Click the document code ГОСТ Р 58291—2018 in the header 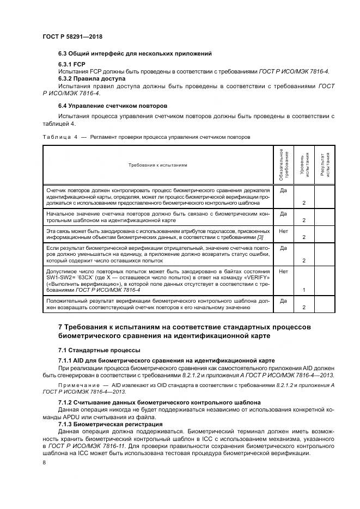(x=72, y=36)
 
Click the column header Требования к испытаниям (x=157, y=165)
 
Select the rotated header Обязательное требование (x=283, y=164)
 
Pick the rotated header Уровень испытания (x=303, y=164)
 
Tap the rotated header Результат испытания (x=324, y=164)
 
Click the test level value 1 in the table (x=303, y=290)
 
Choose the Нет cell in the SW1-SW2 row (x=283, y=271)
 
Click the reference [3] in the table (x=260, y=237)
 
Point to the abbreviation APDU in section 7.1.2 (x=77, y=416)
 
